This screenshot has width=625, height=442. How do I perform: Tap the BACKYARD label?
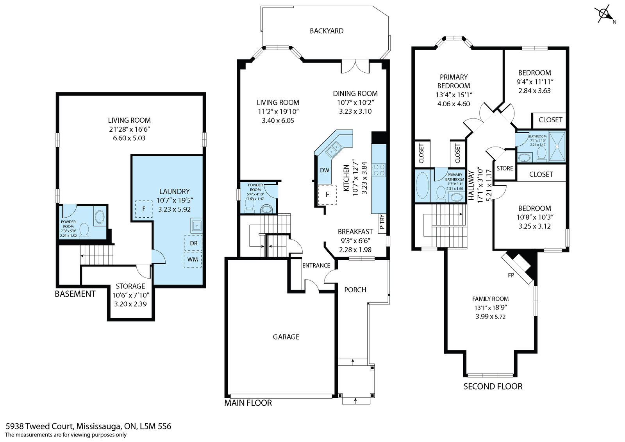point(327,31)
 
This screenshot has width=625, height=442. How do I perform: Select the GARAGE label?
point(286,336)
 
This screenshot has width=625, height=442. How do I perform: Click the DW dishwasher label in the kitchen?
point(325,170)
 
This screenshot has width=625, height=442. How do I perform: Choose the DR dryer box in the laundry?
point(193,243)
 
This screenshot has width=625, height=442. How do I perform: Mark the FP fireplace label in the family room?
point(511,275)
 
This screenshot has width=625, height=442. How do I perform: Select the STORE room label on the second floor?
point(505,168)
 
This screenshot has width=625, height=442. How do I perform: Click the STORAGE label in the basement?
point(130,286)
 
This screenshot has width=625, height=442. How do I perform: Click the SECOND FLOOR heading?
point(493,387)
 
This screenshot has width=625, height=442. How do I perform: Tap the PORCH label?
point(355,290)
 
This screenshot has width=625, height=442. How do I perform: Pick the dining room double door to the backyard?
point(355,66)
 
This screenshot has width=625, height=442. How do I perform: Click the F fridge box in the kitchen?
point(327,194)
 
